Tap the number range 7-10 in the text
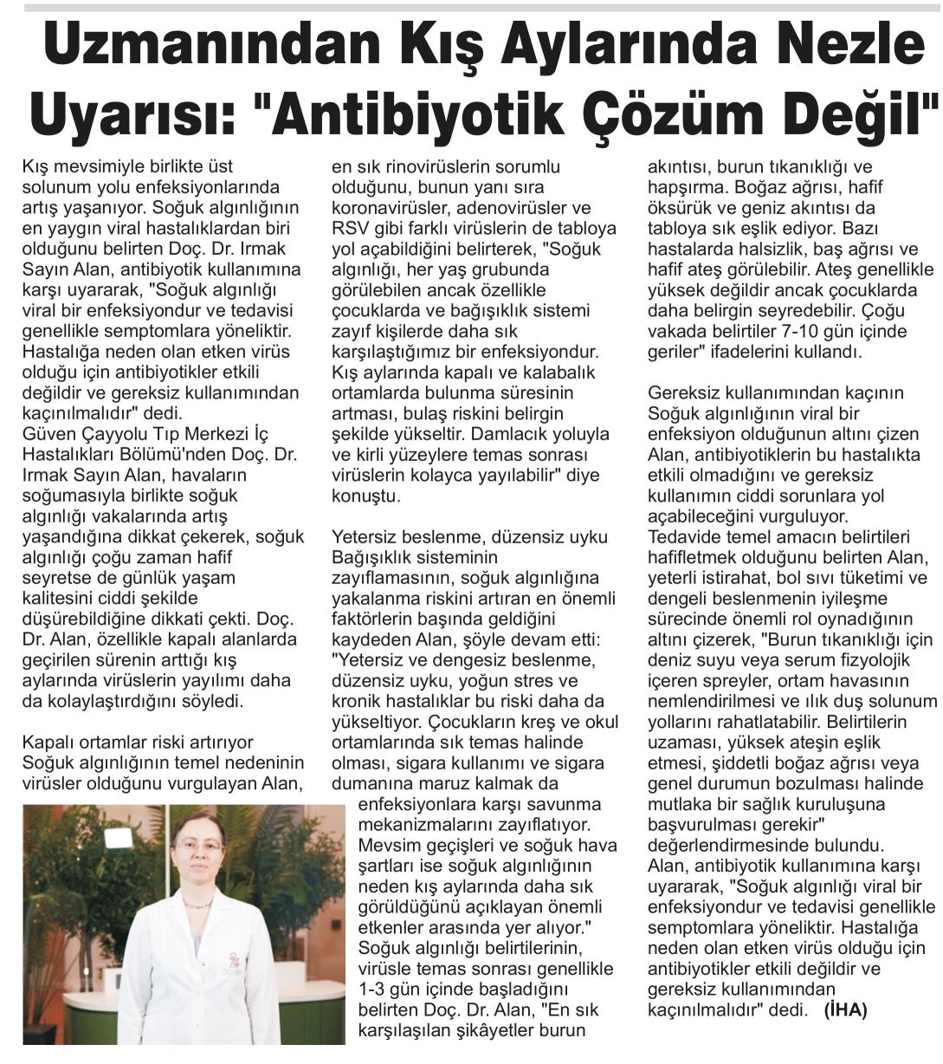[x=807, y=333]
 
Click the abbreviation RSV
[x=351, y=229]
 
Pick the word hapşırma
[x=689, y=187]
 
